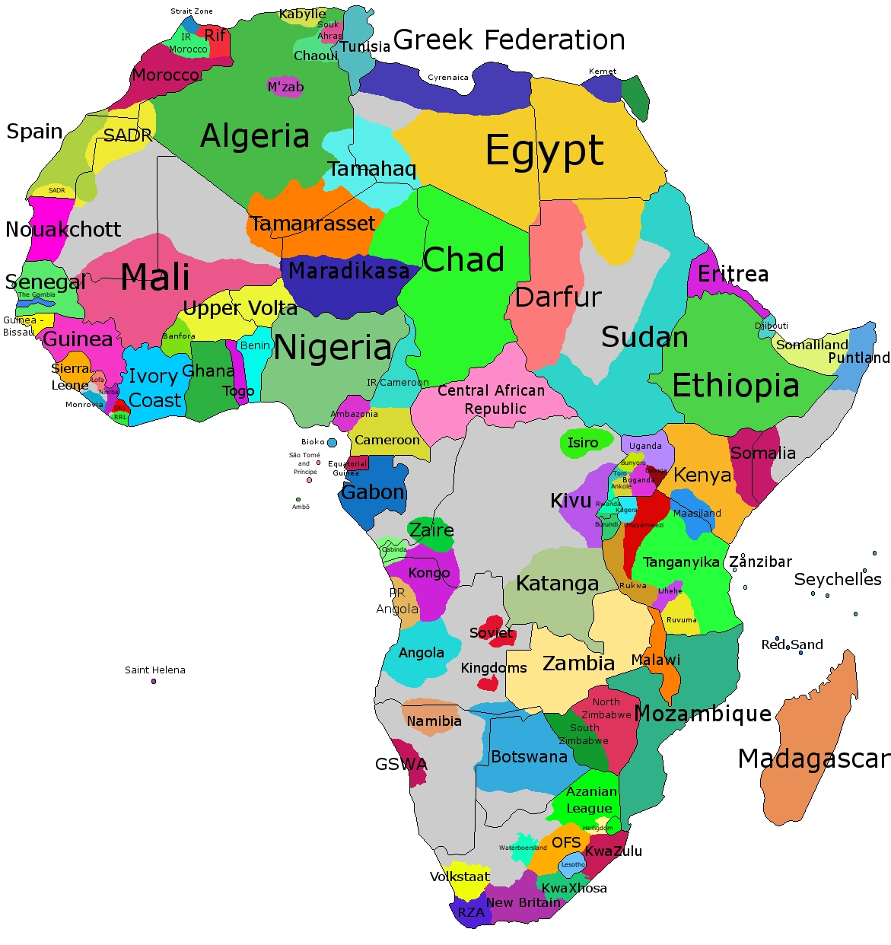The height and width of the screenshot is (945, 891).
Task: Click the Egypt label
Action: pyautogui.click(x=545, y=151)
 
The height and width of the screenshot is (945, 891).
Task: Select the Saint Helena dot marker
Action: pyautogui.click(x=154, y=681)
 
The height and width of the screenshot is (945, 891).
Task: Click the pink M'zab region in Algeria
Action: pyautogui.click(x=285, y=87)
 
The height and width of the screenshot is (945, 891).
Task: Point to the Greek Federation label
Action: pyautogui.click(x=509, y=40)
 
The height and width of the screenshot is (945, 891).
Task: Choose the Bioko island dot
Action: pyautogui.click(x=332, y=443)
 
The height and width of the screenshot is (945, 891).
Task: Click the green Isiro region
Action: pyautogui.click(x=584, y=443)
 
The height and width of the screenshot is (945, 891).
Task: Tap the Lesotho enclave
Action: pyautogui.click(x=573, y=864)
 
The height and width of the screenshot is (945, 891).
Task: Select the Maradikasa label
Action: pyautogui.click(x=348, y=271)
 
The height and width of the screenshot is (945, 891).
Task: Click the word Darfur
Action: pyautogui.click(x=558, y=297)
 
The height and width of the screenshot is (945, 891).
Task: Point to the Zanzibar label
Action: pyautogui.click(x=760, y=562)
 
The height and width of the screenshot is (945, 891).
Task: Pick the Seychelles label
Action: pyautogui.click(x=837, y=579)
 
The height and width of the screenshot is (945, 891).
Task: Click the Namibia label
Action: pyautogui.click(x=434, y=721)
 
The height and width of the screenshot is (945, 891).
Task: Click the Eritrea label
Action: pyautogui.click(x=733, y=274)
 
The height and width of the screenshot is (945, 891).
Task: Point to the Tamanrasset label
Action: pyautogui.click(x=313, y=224)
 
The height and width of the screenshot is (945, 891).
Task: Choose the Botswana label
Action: pyautogui.click(x=529, y=756)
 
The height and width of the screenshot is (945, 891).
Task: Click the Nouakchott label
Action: pyautogui.click(x=63, y=229)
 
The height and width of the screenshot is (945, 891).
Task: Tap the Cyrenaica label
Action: pyautogui.click(x=448, y=78)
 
